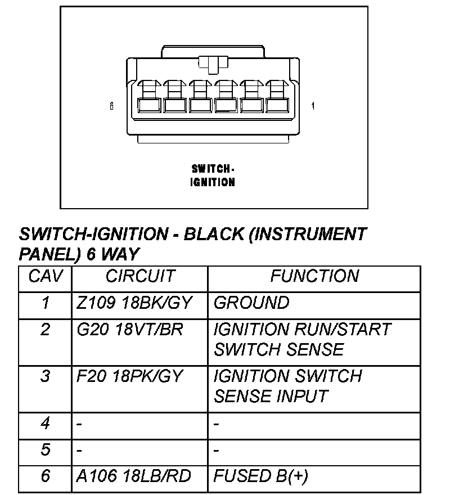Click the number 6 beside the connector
(112, 106)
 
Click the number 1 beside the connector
(313, 106)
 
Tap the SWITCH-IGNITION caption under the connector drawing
(213, 175)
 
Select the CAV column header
(45, 276)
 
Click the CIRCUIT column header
(140, 276)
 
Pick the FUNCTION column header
(314, 276)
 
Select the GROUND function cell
(251, 303)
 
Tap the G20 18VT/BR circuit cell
(130, 329)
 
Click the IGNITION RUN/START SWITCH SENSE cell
(302, 339)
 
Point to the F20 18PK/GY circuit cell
(130, 376)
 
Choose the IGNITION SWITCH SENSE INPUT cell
(287, 386)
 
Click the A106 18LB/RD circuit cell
(134, 476)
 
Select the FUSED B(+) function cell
(261, 476)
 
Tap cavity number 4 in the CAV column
(45, 422)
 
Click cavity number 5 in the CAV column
(45, 449)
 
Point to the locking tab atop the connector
(213, 64)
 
